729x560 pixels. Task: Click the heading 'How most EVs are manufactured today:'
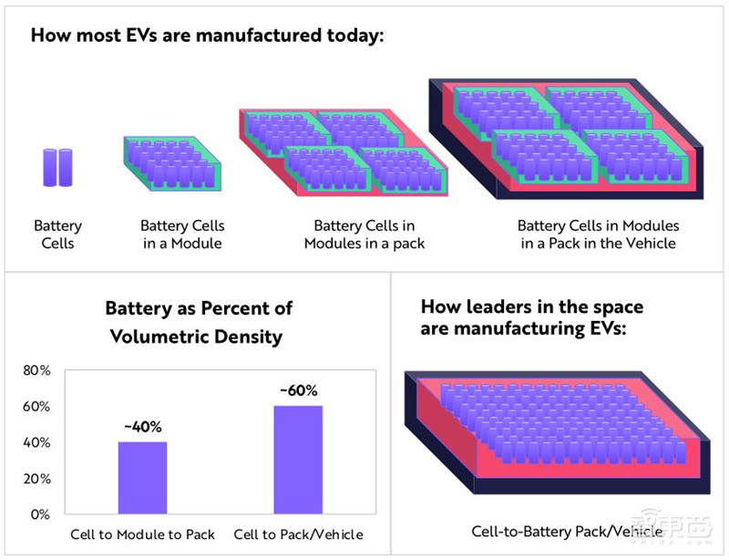tap(208, 37)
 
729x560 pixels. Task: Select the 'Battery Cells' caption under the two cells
tap(57, 234)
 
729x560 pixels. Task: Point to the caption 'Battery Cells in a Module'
tap(181, 234)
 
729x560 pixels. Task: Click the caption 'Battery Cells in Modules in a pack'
tap(364, 234)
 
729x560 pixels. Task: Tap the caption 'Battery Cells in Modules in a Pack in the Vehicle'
tap(599, 234)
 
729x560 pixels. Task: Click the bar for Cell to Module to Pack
tap(142, 478)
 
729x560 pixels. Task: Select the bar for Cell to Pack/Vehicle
tap(298, 460)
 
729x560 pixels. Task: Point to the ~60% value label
tap(298, 391)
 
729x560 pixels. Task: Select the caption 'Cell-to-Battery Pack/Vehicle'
tap(555, 530)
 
